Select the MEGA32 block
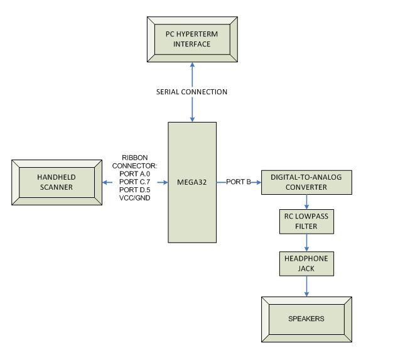[193, 182]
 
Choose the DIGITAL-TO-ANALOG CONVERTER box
[306, 182]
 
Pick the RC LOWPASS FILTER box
[306, 221]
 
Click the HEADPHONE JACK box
[306, 263]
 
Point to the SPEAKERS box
[306, 319]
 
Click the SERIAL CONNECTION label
[192, 92]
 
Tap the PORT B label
[239, 182]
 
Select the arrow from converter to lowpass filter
[306, 201]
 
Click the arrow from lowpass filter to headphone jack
[306, 243]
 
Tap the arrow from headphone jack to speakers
[306, 285]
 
